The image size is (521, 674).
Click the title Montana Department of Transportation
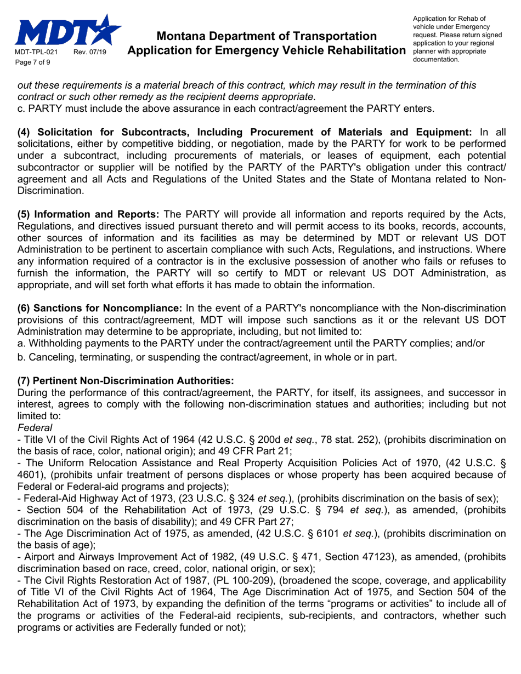click(266, 37)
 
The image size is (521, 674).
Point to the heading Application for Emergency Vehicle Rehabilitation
click(266, 51)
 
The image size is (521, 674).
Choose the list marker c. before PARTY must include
click(22, 108)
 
